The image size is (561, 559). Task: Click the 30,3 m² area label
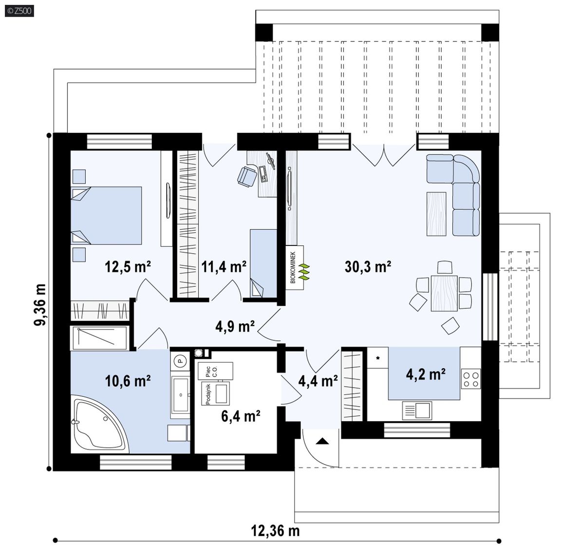click(368, 267)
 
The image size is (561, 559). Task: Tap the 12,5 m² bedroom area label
click(128, 267)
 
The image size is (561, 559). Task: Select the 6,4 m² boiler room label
click(241, 416)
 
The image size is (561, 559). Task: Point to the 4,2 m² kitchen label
click(426, 374)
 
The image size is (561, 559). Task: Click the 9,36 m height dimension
click(40, 304)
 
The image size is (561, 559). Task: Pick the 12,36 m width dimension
click(275, 530)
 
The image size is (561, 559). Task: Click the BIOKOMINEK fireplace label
click(293, 267)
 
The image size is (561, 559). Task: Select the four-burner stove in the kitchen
click(471, 379)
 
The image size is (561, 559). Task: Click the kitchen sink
click(417, 410)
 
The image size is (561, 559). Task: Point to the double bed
click(106, 215)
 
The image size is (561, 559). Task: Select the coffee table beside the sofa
click(436, 214)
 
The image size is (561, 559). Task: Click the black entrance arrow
click(322, 441)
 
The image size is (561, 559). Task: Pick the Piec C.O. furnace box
click(215, 371)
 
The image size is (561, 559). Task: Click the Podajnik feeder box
click(216, 394)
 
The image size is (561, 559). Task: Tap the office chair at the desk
click(247, 176)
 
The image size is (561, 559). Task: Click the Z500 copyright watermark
click(19, 11)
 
